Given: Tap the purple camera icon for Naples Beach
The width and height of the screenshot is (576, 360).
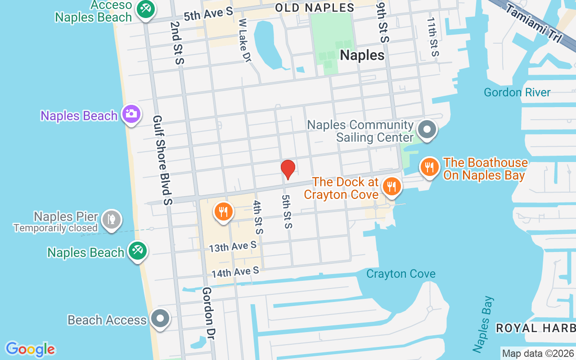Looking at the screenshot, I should click(131, 114).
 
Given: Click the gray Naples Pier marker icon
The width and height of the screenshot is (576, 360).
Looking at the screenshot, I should click(110, 220).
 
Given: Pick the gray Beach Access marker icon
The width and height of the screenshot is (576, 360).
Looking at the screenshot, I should click(160, 319).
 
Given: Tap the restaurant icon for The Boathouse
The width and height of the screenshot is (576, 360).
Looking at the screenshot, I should click(429, 167).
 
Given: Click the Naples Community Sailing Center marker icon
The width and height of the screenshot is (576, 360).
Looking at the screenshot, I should click(427, 130).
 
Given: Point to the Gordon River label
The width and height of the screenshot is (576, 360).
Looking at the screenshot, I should click(517, 93).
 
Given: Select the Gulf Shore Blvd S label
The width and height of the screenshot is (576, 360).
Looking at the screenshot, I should click(162, 160).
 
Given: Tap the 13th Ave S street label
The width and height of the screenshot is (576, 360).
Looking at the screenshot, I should click(233, 246).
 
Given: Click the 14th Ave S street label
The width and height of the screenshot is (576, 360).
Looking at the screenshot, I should click(235, 272).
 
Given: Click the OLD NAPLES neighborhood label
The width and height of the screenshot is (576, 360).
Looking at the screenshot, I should click(314, 8).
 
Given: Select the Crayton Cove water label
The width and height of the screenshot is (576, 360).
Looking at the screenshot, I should click(400, 274).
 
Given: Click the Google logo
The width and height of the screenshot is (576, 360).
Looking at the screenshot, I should click(30, 349).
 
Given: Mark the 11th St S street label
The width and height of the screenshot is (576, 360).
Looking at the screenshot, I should click(432, 37).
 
